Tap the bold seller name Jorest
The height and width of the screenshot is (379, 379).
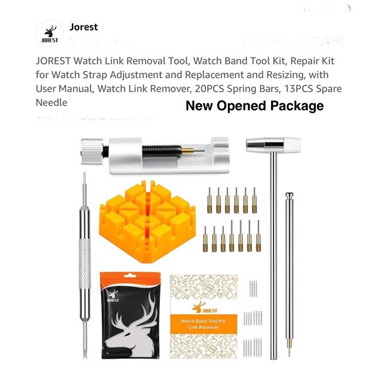[x=83, y=27]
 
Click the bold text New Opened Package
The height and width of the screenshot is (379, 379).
[x=254, y=105]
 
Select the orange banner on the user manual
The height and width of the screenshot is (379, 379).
[x=205, y=310]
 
